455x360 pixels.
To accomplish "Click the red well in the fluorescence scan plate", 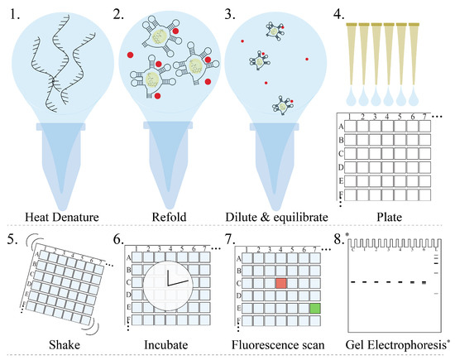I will [281, 283].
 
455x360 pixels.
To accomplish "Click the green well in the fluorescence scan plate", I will [314, 308].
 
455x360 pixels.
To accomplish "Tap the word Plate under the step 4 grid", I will [393, 218].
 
